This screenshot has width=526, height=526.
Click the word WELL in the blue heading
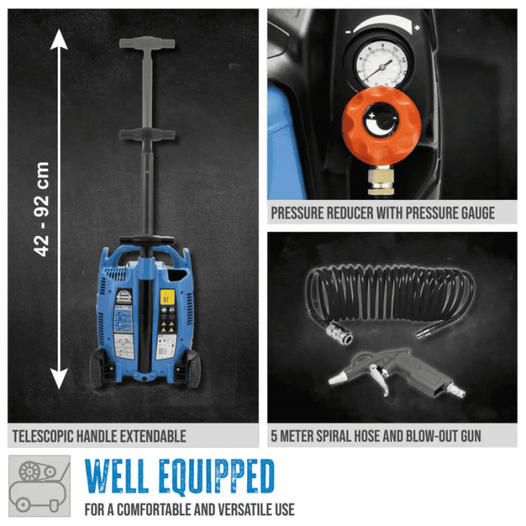(116, 476)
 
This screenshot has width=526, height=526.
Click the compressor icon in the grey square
(40, 485)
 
